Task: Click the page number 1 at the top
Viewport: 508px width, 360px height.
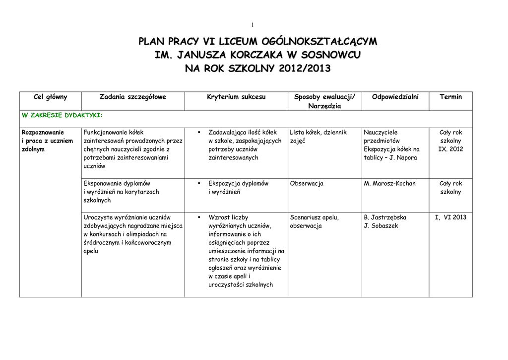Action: pos(253,24)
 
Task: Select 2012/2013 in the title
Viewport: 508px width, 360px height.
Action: pos(304,68)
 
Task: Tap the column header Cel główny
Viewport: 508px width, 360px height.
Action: pos(50,97)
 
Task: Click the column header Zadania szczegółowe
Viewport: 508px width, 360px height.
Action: pos(132,97)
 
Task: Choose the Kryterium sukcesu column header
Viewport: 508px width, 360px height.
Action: pos(236,97)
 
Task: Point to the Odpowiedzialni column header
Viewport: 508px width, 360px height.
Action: pos(395,97)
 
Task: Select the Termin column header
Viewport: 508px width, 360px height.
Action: pos(450,97)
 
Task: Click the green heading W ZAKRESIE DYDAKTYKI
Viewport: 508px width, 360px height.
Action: pos(62,115)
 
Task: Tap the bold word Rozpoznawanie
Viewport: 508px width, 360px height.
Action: pos(43,133)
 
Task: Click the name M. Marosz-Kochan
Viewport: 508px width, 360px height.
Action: pos(389,183)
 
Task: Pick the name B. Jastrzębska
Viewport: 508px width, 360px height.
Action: pos(385,217)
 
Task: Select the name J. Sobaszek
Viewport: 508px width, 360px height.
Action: pos(381,226)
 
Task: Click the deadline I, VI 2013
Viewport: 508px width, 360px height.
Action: pos(450,217)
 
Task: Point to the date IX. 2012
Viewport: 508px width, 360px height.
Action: pos(450,149)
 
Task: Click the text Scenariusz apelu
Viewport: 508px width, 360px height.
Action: pos(314,217)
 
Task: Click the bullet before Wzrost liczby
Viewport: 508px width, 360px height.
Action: pos(198,217)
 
